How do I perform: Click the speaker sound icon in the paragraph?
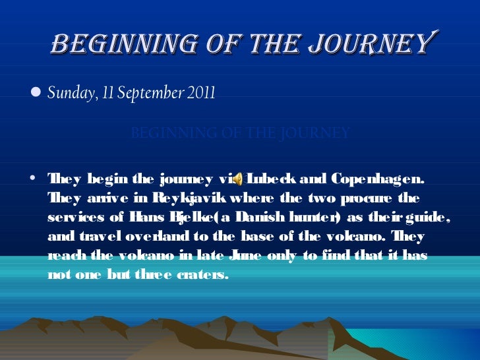(239, 179)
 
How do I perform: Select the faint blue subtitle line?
(241, 133)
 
